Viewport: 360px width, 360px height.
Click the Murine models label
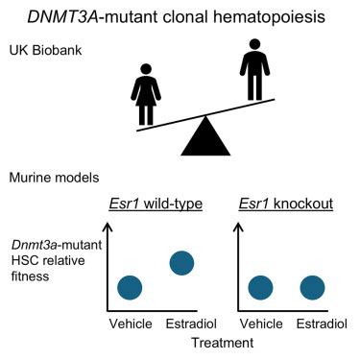pos(55,178)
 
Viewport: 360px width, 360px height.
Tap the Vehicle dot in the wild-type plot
pos(130,287)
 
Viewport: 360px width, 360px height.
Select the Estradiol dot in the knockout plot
pos(312,287)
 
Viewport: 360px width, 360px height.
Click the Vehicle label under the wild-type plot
pos(131,323)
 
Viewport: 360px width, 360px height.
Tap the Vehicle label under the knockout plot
pos(263,323)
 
